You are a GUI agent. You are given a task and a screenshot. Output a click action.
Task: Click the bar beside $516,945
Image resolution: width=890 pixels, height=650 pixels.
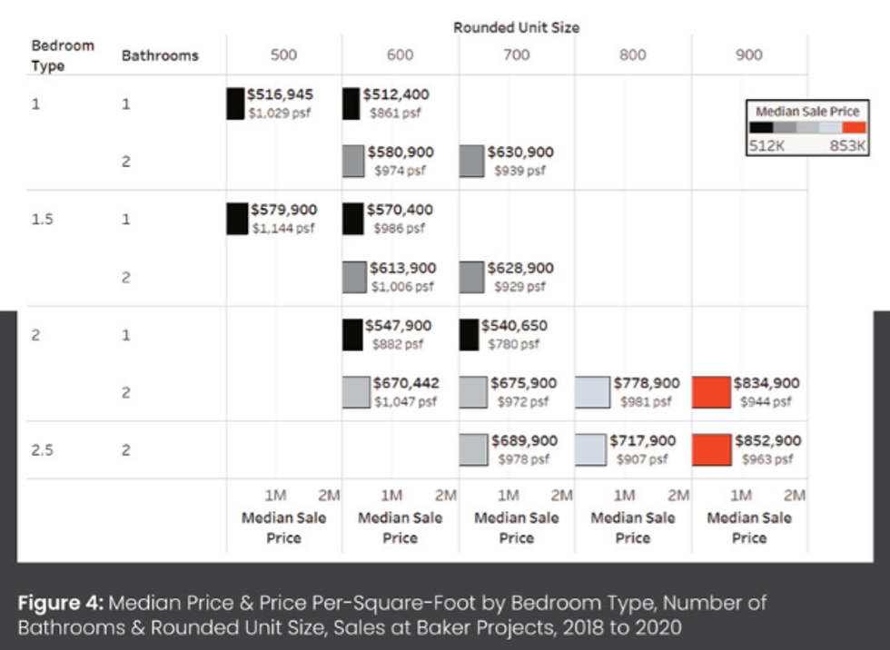[x=235, y=103]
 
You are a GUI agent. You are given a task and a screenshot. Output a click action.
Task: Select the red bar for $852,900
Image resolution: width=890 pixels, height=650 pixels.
[x=711, y=449]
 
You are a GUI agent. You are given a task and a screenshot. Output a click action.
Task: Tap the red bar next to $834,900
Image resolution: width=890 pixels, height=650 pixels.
[x=711, y=391]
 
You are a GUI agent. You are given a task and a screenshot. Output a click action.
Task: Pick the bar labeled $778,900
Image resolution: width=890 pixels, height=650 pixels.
[x=591, y=391]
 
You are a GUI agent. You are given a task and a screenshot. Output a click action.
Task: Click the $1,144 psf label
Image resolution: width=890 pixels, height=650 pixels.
[x=282, y=229]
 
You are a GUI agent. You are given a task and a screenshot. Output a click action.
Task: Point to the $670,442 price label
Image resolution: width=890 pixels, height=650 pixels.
[x=405, y=383]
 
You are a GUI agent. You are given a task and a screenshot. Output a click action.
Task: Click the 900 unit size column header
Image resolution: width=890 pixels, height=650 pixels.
[x=749, y=55]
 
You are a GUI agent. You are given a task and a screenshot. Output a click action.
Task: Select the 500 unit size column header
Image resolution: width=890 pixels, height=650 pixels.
[x=283, y=55]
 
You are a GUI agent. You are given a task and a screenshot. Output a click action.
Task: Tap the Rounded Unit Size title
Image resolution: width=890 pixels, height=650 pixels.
[x=516, y=27]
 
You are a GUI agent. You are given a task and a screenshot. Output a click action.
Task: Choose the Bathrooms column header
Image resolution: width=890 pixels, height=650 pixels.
[x=160, y=55]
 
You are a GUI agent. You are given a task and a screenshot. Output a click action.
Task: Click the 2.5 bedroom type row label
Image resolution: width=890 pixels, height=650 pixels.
[x=42, y=449]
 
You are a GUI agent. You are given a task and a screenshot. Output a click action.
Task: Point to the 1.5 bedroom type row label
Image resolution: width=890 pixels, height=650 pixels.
[x=42, y=219]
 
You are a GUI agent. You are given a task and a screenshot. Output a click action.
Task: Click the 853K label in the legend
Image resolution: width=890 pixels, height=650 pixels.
[x=847, y=146]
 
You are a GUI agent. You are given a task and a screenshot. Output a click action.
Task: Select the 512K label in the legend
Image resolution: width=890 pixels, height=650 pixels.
[x=766, y=146]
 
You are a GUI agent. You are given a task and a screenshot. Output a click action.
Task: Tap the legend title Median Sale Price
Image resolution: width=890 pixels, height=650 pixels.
[x=806, y=111]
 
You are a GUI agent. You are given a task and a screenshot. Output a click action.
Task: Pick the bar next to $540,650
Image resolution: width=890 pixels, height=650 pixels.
[x=468, y=334]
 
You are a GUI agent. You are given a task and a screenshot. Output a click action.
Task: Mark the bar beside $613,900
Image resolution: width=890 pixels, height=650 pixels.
[x=352, y=276]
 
